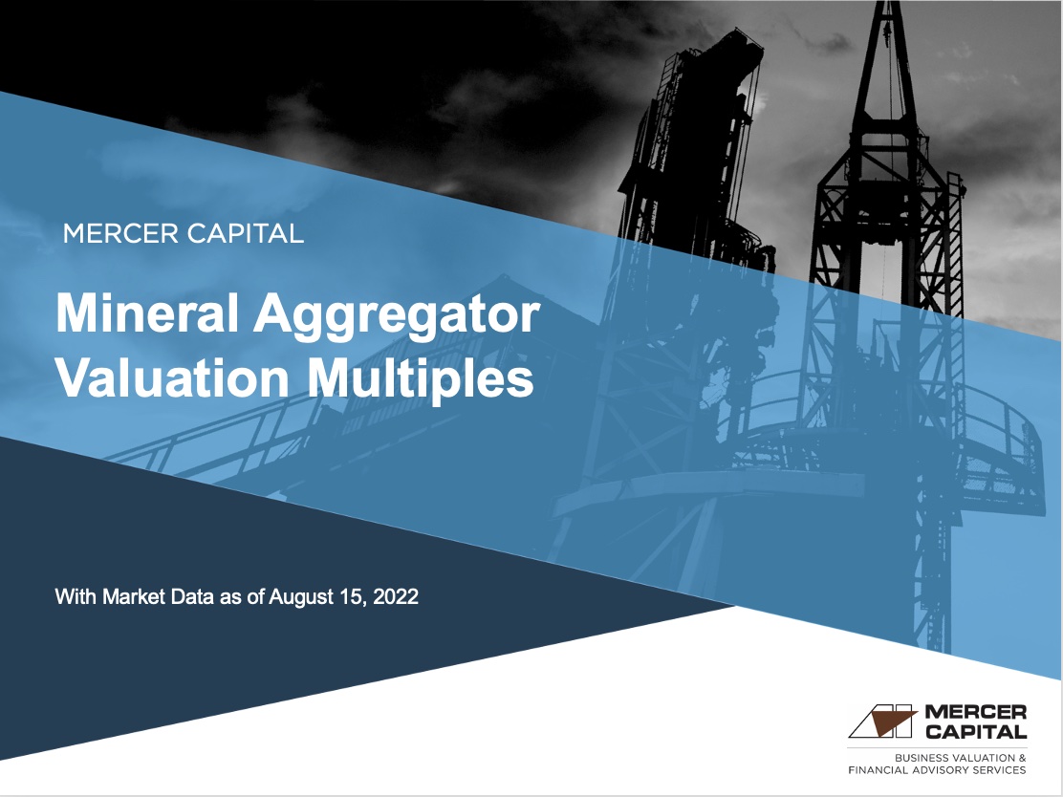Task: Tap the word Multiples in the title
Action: point(420,378)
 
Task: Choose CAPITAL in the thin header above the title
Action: point(243,233)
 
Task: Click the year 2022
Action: point(397,598)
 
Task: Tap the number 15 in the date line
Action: point(349,598)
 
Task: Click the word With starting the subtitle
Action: point(75,598)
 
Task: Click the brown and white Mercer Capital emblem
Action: point(882,722)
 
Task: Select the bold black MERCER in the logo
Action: point(976,713)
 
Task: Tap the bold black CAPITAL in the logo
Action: point(976,732)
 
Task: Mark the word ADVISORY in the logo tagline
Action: point(949,770)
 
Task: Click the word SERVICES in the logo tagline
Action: point(1003,770)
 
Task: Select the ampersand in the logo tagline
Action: point(1023,758)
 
